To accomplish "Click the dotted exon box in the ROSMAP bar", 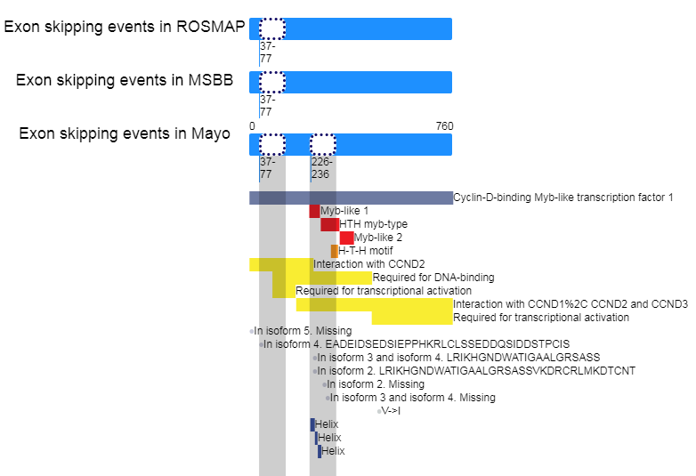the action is point(272,28).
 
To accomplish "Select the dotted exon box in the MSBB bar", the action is point(272,82).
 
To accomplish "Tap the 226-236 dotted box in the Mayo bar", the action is point(323,144).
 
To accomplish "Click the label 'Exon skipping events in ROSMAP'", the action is point(125,27).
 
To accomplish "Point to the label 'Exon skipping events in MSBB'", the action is point(125,80).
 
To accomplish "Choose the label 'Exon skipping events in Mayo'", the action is point(125,133).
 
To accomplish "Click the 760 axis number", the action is point(444,126).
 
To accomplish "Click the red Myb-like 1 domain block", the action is point(315,211).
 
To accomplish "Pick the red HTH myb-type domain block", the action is point(330,224).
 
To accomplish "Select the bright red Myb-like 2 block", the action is point(347,238).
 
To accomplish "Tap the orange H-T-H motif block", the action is point(335,251).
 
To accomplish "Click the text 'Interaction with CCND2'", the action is point(368,264).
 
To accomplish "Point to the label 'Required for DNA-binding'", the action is point(433,278).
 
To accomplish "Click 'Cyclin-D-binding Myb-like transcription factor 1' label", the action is point(563,198).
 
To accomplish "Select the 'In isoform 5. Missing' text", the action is point(303,331).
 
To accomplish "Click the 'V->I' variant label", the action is point(391,411).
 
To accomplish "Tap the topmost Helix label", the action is point(327,424).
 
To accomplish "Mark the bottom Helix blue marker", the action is point(320,451).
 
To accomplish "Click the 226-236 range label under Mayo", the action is point(321,167).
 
